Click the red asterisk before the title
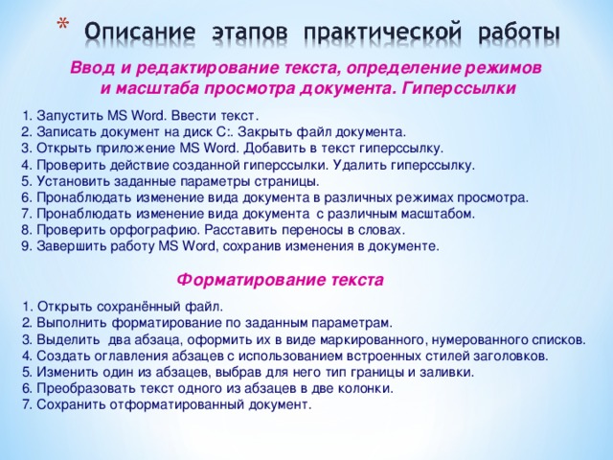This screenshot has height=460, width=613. (61, 24)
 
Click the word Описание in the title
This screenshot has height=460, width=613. (140, 32)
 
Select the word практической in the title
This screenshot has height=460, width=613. (383, 33)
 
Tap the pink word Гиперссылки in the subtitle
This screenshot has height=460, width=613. (458, 89)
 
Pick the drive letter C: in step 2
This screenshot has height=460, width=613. (222, 132)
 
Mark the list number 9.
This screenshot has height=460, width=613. (27, 246)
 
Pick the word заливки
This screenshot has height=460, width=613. (446, 373)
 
